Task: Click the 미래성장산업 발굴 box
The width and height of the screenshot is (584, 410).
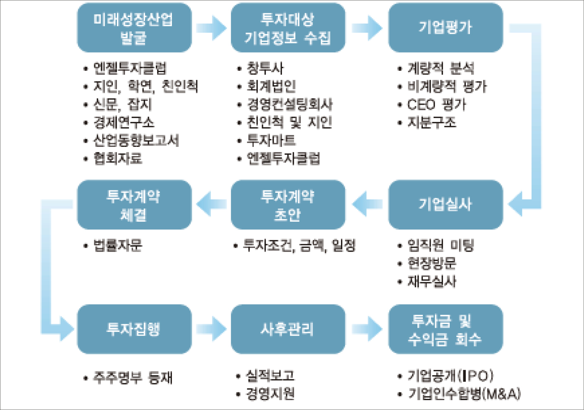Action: tap(134, 28)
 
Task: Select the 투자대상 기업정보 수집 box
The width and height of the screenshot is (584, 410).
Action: tap(288, 28)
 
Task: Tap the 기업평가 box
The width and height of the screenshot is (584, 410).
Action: tap(446, 28)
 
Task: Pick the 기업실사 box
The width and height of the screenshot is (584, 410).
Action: tap(446, 204)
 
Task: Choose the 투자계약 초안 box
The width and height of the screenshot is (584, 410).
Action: tap(288, 204)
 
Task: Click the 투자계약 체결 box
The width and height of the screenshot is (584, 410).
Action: tap(134, 204)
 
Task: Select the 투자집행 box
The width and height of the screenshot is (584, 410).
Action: tap(134, 329)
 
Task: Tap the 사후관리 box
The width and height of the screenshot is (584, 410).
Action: tap(288, 329)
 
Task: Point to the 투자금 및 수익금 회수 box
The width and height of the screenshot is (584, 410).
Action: tap(446, 329)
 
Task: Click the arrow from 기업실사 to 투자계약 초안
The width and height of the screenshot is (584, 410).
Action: tap(367, 204)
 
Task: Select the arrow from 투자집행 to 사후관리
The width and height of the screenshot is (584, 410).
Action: tap(212, 329)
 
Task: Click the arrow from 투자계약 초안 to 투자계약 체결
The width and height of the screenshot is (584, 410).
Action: tap(211, 204)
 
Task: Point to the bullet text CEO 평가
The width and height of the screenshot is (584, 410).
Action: tap(436, 104)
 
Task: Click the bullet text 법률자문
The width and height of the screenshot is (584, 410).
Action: tap(118, 245)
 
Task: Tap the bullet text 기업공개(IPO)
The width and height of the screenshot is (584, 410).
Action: tap(451, 376)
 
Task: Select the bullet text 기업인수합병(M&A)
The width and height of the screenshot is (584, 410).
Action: tap(464, 393)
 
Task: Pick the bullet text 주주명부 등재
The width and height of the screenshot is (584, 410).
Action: tap(133, 377)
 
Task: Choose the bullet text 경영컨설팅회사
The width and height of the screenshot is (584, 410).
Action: tap(290, 104)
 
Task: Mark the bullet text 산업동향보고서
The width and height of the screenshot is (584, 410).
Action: tap(136, 140)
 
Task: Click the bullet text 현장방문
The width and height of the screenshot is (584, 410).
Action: tap(432, 263)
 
